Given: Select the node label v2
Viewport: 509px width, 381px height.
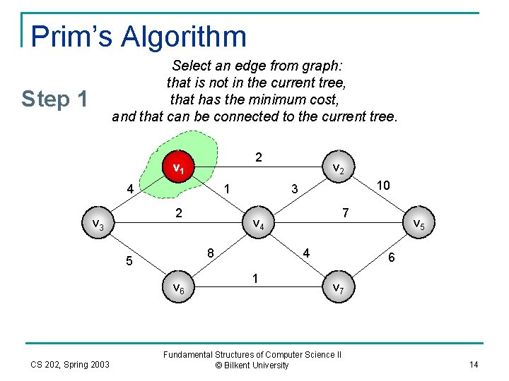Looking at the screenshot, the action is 339,168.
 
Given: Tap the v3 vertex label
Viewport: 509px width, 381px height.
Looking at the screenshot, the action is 98,224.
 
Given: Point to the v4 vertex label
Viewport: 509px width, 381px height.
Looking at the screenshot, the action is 259,224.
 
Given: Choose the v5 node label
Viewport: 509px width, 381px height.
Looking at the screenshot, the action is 419,224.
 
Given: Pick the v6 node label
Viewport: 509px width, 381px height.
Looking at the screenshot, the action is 179,287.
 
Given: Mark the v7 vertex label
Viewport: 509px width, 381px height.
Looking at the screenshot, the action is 339,287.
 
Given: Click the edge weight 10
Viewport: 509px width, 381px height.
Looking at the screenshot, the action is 383,185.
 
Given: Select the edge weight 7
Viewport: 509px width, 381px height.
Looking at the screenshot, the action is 344,212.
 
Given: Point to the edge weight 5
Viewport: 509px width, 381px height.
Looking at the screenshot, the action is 129,262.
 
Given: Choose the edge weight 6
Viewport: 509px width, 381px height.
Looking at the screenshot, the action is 392,259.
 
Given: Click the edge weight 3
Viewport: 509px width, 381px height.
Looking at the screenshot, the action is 295,189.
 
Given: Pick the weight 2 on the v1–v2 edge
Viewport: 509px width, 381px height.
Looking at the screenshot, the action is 259,157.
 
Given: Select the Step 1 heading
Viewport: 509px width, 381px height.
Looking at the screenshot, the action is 54,99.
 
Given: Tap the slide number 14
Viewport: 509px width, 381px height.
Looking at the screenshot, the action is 474,364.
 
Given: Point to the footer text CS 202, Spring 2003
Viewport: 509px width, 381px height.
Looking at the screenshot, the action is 70,364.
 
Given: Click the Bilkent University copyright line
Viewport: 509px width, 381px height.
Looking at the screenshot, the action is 252,365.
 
